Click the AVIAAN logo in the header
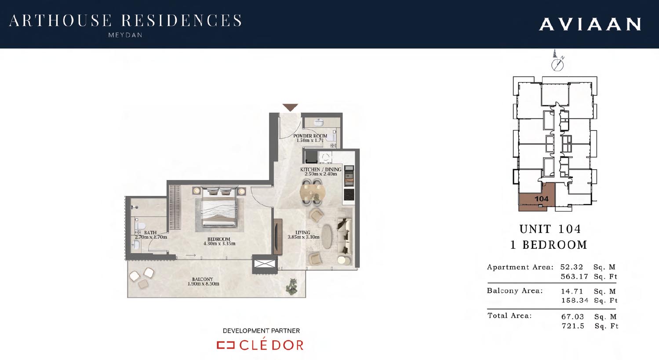click(590, 24)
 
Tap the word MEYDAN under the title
click(125, 35)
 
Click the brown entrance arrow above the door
click(290, 107)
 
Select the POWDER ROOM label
click(310, 136)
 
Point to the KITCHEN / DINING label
click(320, 169)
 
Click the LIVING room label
click(303, 233)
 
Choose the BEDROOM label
click(218, 239)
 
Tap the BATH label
click(150, 233)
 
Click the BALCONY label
click(202, 279)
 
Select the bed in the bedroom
click(219, 207)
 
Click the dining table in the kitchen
click(313, 193)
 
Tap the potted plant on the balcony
click(292, 286)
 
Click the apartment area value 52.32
click(572, 267)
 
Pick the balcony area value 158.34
click(575, 300)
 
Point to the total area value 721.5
click(573, 326)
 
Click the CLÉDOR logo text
click(271, 345)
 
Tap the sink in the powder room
click(318, 122)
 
